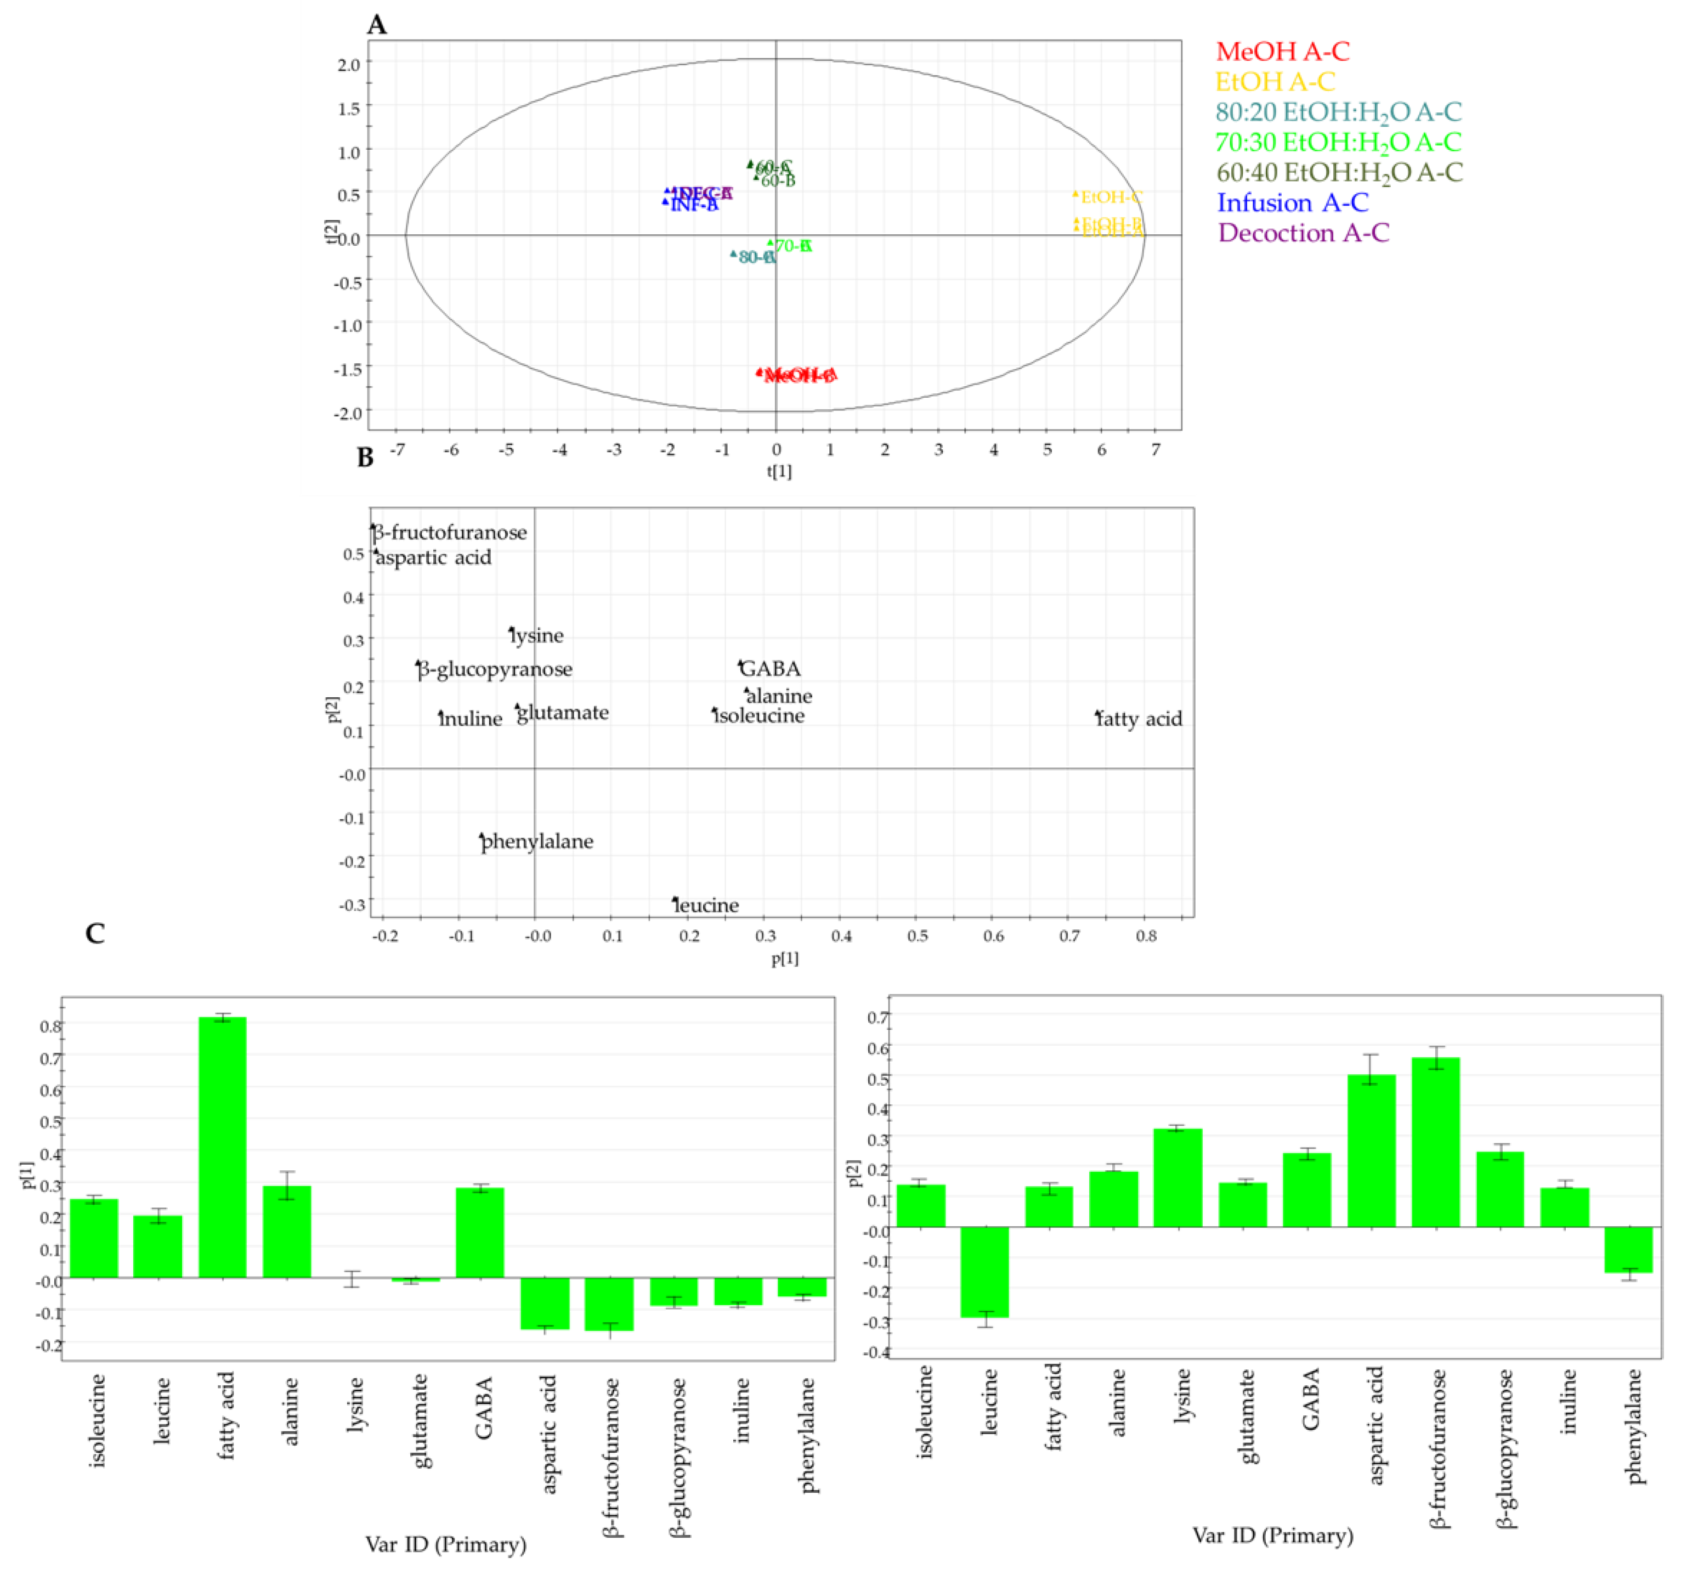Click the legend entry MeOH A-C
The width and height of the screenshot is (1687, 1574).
(1282, 52)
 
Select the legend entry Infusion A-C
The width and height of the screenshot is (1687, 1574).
(1293, 203)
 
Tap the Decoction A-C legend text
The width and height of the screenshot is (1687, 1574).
(1304, 234)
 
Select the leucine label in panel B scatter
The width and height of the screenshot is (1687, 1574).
(706, 905)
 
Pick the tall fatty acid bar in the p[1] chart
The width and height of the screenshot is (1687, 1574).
(222, 1146)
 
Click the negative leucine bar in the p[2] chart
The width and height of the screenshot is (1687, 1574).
(984, 1271)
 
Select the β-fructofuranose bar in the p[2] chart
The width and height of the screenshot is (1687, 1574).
(1435, 1141)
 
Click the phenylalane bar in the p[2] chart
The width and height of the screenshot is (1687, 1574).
(1628, 1249)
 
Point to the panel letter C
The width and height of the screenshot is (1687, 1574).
(95, 934)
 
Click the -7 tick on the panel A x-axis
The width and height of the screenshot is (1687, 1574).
(397, 449)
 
